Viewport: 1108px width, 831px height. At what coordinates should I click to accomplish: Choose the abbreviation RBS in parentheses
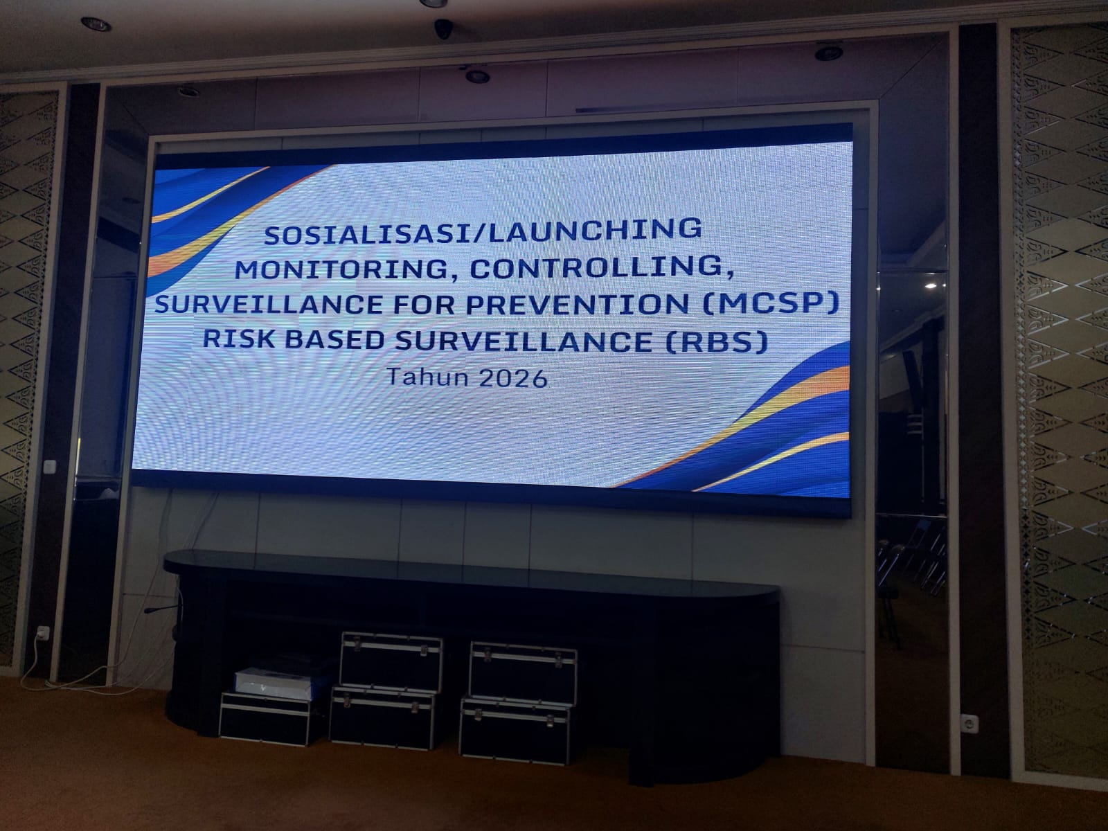(717, 342)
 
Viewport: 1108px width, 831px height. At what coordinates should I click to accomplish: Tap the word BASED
(334, 339)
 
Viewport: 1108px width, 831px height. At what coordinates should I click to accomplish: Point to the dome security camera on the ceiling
(443, 29)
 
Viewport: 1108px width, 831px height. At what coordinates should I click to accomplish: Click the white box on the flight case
(274, 683)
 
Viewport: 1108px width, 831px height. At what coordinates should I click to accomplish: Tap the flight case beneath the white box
(265, 719)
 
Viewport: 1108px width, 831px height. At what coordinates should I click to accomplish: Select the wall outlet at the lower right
(969, 724)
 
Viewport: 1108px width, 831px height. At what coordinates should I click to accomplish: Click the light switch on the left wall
(49, 467)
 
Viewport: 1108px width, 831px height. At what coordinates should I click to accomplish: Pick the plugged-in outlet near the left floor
(42, 632)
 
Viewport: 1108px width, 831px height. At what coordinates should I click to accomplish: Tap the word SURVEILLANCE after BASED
(524, 341)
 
